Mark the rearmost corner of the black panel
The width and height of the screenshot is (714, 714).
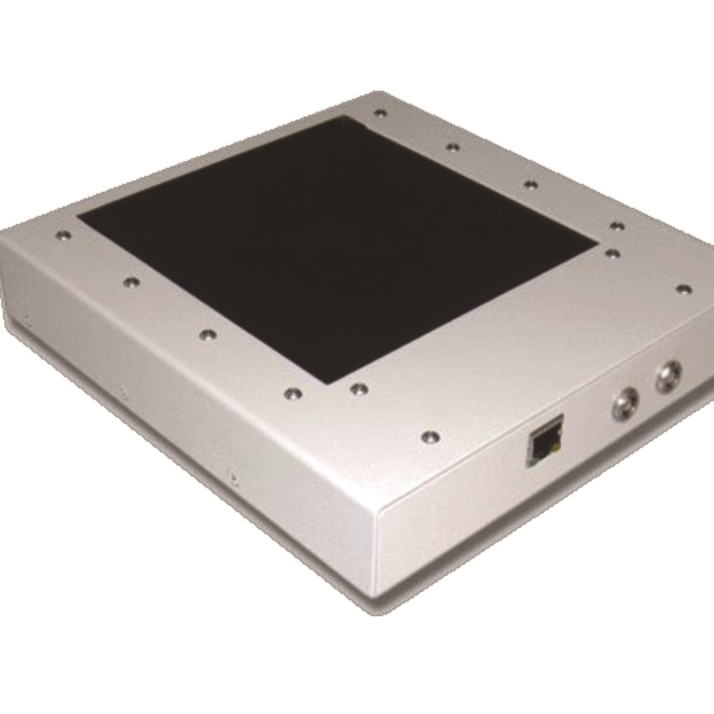pos(342,119)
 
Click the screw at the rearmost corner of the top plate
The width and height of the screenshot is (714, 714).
pos(380,113)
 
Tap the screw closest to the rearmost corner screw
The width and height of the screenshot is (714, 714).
pos(453,147)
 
